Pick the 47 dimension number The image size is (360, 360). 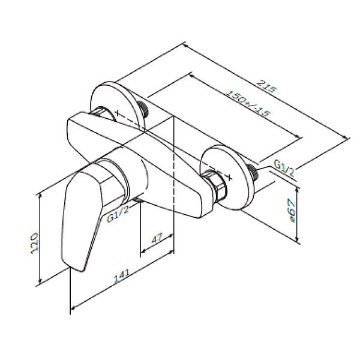point(157,239)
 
